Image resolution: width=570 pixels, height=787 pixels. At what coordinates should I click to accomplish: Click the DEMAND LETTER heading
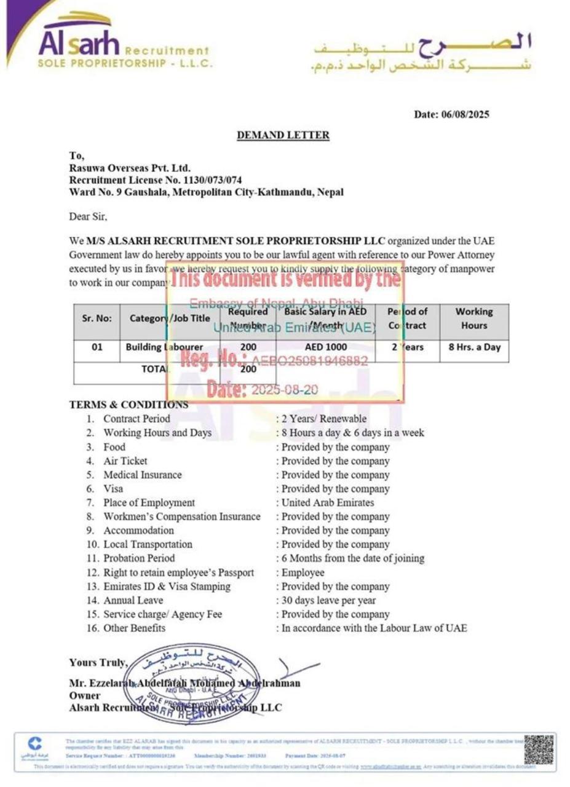[283, 135]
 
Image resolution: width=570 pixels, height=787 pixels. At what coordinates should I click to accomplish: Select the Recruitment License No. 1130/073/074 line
[156, 180]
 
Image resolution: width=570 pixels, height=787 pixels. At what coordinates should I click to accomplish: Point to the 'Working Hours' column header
[473, 319]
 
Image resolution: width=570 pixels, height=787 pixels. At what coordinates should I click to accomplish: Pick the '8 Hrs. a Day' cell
[474, 347]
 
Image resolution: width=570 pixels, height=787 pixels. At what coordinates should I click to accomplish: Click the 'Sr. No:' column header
[97, 319]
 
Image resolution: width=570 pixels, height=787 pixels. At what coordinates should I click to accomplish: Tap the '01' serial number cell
[97, 347]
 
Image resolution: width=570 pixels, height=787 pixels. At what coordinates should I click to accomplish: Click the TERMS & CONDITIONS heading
[129, 405]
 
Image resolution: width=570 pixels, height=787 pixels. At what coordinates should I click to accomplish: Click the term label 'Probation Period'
[139, 558]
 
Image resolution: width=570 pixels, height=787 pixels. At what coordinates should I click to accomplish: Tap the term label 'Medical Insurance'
[143, 475]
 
